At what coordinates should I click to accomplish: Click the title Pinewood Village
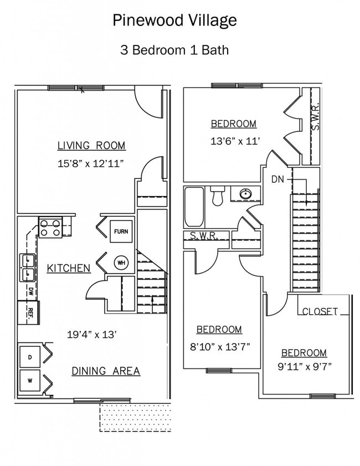(x=174, y=21)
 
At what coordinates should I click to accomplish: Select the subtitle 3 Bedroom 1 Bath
(x=174, y=50)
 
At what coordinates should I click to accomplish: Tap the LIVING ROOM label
(x=91, y=146)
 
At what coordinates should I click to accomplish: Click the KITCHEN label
(x=68, y=268)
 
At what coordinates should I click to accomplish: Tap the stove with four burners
(x=50, y=228)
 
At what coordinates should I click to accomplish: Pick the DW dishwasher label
(x=30, y=290)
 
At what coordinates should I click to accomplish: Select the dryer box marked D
(x=30, y=357)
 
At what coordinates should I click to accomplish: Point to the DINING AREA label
(x=106, y=371)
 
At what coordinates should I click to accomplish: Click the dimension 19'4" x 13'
(x=91, y=335)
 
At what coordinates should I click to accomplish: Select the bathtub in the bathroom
(x=193, y=207)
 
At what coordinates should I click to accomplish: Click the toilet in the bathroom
(x=217, y=195)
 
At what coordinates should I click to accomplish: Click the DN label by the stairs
(x=278, y=180)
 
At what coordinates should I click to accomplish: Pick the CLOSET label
(x=320, y=311)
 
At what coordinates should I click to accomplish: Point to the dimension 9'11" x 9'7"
(x=304, y=366)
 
